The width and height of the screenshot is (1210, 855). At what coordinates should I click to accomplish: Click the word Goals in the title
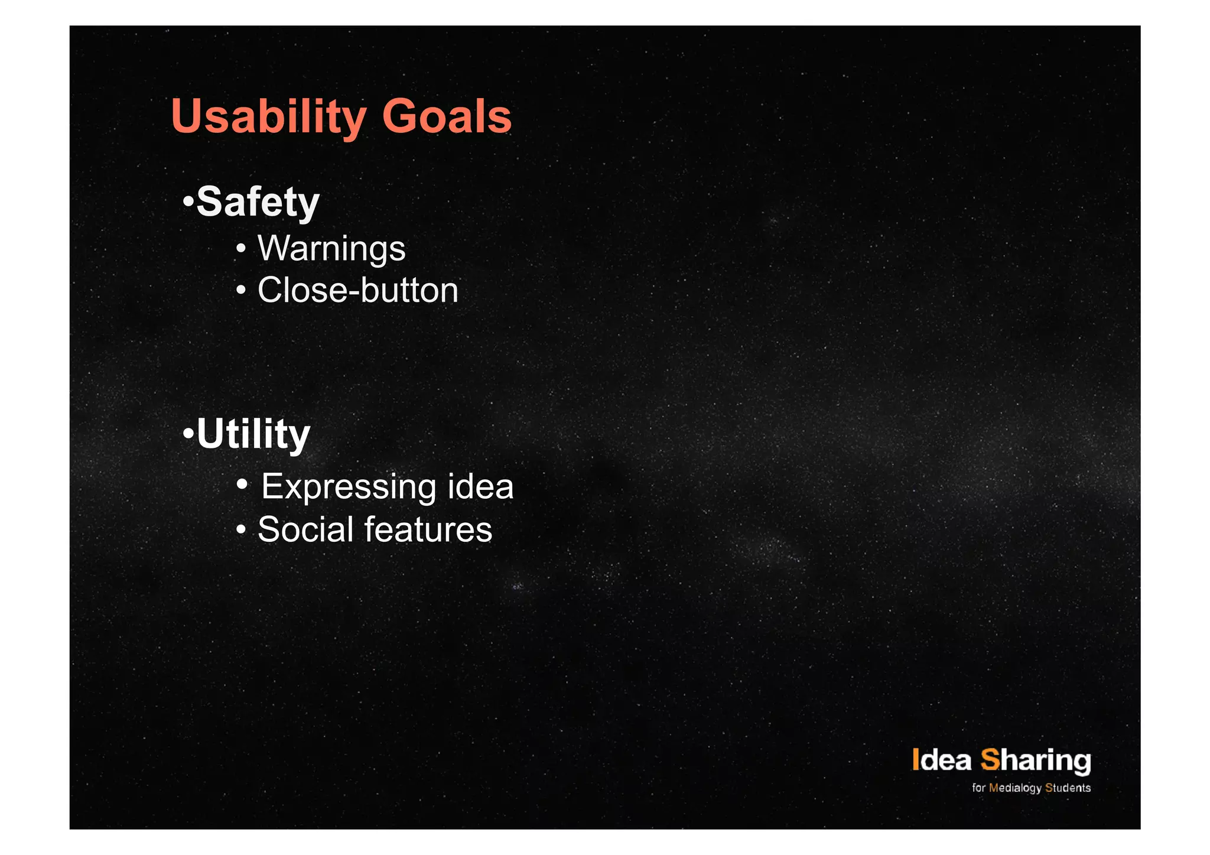pyautogui.click(x=447, y=116)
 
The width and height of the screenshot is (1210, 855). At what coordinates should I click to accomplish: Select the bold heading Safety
pyautogui.click(x=258, y=202)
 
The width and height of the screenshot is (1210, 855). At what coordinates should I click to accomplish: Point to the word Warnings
pyautogui.click(x=331, y=248)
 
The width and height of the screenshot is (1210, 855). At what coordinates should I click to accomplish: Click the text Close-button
pyautogui.click(x=357, y=290)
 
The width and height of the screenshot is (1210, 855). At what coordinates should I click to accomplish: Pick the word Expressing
pyautogui.click(x=349, y=487)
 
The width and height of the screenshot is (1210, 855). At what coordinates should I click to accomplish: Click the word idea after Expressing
pyautogui.click(x=480, y=487)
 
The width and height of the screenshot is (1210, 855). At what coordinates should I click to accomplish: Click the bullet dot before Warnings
pyautogui.click(x=240, y=249)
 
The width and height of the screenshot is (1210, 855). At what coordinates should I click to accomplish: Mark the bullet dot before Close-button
pyautogui.click(x=240, y=291)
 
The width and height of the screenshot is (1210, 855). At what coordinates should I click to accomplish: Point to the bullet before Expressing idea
pyautogui.click(x=242, y=485)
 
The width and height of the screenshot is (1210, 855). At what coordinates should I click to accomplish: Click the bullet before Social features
pyautogui.click(x=240, y=530)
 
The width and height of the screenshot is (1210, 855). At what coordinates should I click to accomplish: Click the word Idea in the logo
pyautogui.click(x=941, y=760)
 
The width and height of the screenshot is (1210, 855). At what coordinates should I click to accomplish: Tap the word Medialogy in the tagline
pyautogui.click(x=1015, y=788)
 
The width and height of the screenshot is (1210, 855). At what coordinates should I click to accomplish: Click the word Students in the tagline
pyautogui.click(x=1068, y=788)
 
